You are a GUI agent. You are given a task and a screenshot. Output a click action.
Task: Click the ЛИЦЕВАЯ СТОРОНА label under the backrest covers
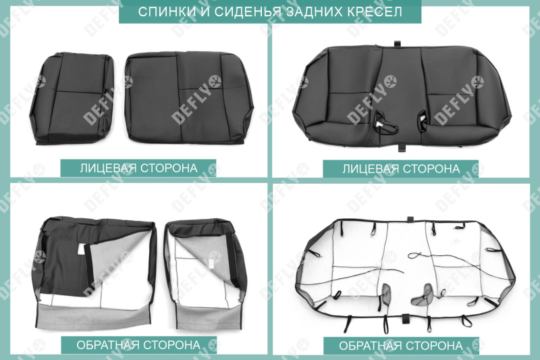tap(138, 168)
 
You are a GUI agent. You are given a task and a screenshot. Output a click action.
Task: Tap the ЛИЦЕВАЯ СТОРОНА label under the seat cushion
tap(401, 168)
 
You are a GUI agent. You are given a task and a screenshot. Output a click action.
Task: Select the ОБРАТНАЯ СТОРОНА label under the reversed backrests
tap(138, 345)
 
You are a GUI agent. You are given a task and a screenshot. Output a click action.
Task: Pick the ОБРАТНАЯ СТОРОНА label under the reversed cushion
tap(401, 345)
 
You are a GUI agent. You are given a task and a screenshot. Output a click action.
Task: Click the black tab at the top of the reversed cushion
tap(409, 220)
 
